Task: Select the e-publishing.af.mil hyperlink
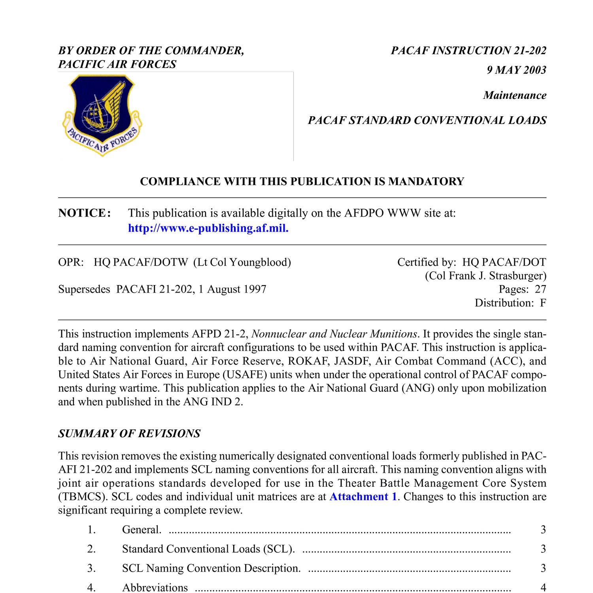(208, 229)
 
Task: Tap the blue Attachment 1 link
(363, 497)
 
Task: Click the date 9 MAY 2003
(516, 70)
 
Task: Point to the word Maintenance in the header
(515, 95)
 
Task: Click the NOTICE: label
(85, 213)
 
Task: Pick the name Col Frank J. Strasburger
(485, 276)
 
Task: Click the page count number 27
(540, 289)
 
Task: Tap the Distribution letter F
(543, 303)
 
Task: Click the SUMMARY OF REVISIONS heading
(129, 434)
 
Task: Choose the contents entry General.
(142, 529)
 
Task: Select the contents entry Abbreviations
(155, 587)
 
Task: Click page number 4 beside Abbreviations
(543, 587)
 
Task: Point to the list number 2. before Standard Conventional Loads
(92, 549)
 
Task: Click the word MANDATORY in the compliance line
(426, 181)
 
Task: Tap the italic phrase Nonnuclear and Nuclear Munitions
(334, 334)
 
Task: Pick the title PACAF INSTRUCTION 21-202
(468, 51)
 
